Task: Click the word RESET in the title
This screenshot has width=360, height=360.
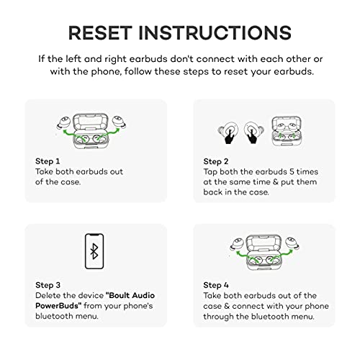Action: [x=100, y=32]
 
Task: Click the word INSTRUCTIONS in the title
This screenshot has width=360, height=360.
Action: [x=215, y=32]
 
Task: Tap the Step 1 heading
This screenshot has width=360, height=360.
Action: [x=48, y=161]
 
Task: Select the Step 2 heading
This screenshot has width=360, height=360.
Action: [x=216, y=161]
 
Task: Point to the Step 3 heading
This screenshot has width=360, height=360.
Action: [x=48, y=285]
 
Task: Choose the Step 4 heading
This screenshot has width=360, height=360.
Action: [x=216, y=285]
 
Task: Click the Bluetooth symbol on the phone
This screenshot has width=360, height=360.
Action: [x=94, y=251]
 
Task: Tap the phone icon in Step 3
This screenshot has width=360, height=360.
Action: [x=94, y=251]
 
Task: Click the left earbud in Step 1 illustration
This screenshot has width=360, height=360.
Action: [x=64, y=122]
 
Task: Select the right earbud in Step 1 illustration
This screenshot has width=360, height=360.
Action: [x=120, y=122]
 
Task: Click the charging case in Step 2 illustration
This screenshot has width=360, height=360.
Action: [x=287, y=131]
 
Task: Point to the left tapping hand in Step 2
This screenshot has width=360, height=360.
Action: [x=229, y=137]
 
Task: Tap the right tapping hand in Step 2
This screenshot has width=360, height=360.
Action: [x=252, y=136]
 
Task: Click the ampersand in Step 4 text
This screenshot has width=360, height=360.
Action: [x=227, y=306]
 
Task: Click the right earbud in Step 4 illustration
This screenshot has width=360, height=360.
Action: [x=292, y=243]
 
